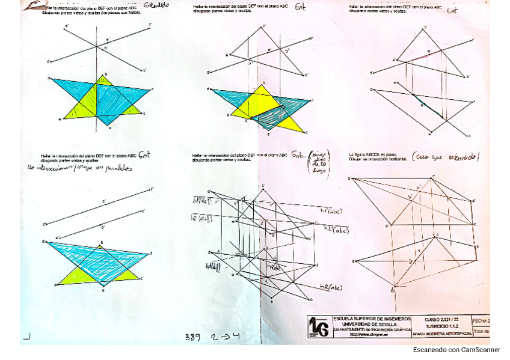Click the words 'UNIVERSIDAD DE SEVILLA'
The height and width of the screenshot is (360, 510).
(x=368, y=324)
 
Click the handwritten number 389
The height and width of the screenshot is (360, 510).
(x=192, y=337)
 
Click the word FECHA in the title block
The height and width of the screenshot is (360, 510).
(x=481, y=320)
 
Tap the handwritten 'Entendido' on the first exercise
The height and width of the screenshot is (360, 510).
(x=156, y=5)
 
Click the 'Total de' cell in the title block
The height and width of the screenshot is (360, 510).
(x=482, y=331)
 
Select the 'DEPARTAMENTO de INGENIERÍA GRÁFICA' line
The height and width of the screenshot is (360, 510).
(x=368, y=329)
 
